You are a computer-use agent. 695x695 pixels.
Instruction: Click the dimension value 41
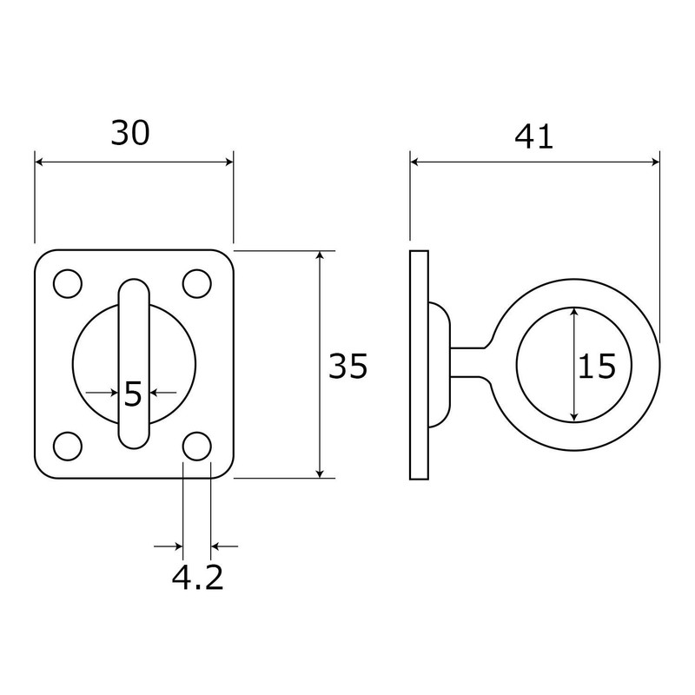pyautogui.click(x=533, y=136)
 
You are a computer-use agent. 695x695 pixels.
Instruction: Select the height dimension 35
pyautogui.click(x=347, y=367)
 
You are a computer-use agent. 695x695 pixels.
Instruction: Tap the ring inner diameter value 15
pyautogui.click(x=597, y=367)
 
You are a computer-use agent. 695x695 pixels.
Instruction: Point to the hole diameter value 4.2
pyautogui.click(x=197, y=577)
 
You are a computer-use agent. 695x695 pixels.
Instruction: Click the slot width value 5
pyautogui.click(x=133, y=394)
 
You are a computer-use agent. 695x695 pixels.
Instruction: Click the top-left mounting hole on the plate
pyautogui.click(x=67, y=283)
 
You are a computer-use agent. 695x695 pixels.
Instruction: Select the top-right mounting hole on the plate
pyautogui.click(x=197, y=283)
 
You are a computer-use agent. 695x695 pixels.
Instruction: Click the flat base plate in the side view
pyautogui.click(x=419, y=365)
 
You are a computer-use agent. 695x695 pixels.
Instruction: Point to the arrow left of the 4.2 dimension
pyautogui.click(x=176, y=546)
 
